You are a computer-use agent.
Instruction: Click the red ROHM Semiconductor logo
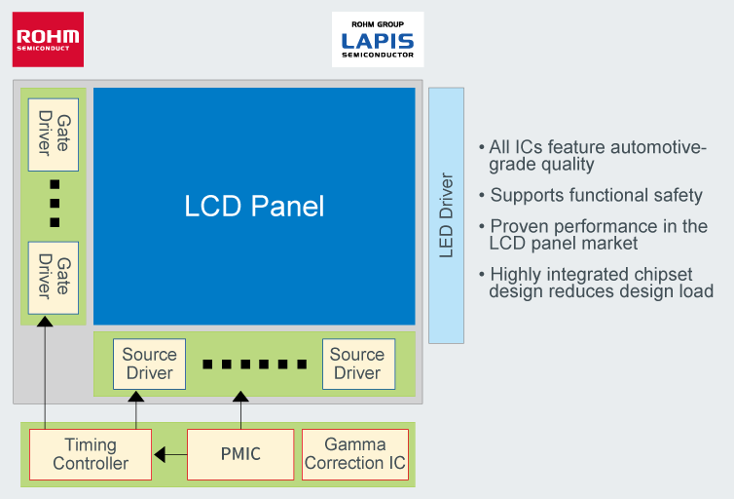[x=48, y=39]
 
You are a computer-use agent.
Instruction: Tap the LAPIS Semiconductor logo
[x=377, y=40]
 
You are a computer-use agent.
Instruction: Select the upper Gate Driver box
[x=54, y=134]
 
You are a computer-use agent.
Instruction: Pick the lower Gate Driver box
[x=54, y=277]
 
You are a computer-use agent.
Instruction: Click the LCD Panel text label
[x=254, y=207]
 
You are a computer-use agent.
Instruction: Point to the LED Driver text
[x=447, y=215]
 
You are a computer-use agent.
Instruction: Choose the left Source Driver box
[x=149, y=364]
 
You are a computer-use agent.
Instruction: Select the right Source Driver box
[x=357, y=364]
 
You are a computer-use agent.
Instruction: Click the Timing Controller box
[x=91, y=454]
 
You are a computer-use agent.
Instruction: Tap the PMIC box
[x=239, y=454]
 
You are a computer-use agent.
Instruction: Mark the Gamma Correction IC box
[x=355, y=454]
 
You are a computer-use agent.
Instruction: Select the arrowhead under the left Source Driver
[x=136, y=396]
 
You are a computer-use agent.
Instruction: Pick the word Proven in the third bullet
[x=517, y=226]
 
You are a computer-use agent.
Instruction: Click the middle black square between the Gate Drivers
[x=55, y=205]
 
